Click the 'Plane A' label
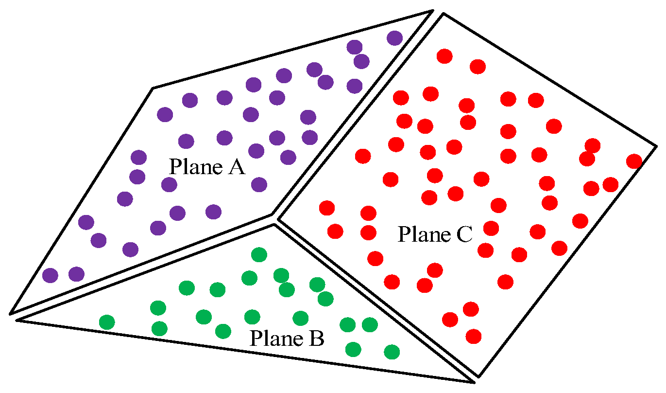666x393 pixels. (x=206, y=167)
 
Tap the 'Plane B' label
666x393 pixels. (x=287, y=338)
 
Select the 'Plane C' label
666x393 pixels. (x=435, y=234)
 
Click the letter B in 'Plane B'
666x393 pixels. (x=316, y=338)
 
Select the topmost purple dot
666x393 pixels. (x=394, y=37)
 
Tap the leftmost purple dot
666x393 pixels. (x=50, y=275)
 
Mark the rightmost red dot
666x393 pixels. (x=634, y=161)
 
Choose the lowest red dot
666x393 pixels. (x=473, y=336)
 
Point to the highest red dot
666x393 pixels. (x=444, y=56)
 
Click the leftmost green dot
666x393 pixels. (x=107, y=322)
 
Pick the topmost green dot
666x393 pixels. (x=259, y=254)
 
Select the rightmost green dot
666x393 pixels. (x=392, y=351)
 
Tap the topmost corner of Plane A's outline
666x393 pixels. (x=432, y=11)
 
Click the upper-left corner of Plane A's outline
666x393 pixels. (x=154, y=88)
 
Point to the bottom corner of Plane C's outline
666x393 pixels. (x=478, y=376)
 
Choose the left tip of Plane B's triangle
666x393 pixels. (x=17, y=320)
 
